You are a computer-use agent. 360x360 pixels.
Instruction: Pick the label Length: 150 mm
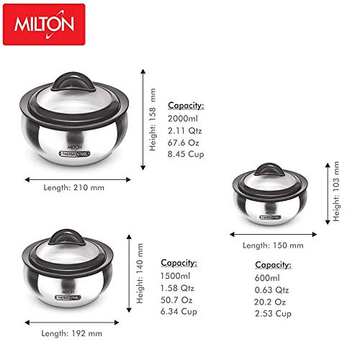[x=272, y=246]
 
